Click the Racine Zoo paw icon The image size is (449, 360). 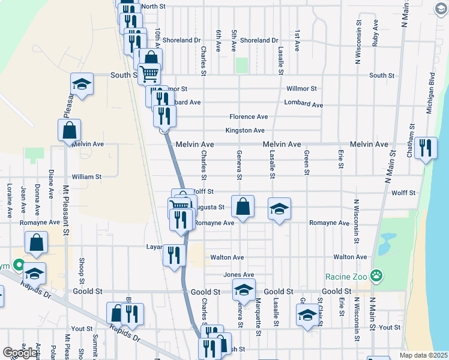pyautogui.click(x=376, y=276)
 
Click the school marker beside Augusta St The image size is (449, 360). pyautogui.click(x=279, y=209)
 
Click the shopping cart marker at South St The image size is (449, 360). pyautogui.click(x=149, y=74)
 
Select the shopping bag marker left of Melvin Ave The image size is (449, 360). pyautogui.click(x=70, y=130)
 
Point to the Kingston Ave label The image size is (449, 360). pyautogui.click(x=245, y=130)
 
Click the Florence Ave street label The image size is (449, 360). pyautogui.click(x=249, y=116)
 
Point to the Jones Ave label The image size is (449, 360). pyautogui.click(x=239, y=275)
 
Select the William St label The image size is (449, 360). pyautogui.click(x=86, y=177)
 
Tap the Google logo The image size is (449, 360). pyautogui.click(x=20, y=353)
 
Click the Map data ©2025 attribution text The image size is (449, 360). pyautogui.click(x=424, y=355)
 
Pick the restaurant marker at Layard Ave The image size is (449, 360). pyautogui.click(x=173, y=255)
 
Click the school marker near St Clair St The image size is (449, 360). pyautogui.click(x=307, y=314)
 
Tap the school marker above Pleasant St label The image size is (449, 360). pyautogui.click(x=82, y=84)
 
